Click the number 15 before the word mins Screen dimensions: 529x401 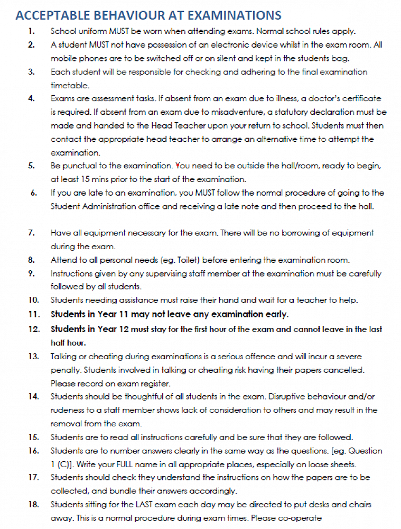(78, 179)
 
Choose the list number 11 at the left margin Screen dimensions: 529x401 (34, 314)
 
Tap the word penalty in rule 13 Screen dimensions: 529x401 (66, 369)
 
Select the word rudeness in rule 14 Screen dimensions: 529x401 (68, 410)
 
